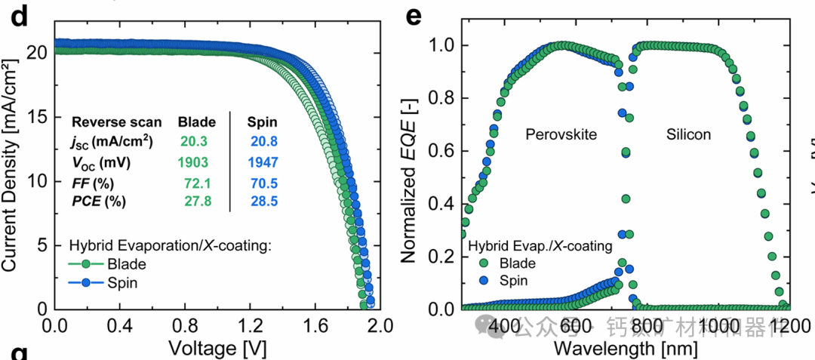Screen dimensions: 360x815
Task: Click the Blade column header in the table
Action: point(197,122)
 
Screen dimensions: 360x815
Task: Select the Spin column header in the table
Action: point(263,122)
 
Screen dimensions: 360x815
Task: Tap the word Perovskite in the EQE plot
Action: point(561,134)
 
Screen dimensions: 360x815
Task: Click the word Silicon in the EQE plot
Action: point(688,134)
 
